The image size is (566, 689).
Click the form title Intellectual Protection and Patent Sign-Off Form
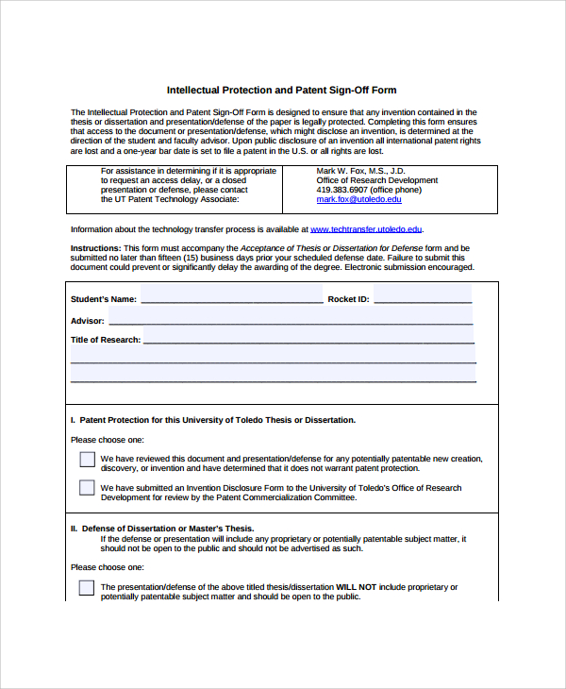pyautogui.click(x=282, y=91)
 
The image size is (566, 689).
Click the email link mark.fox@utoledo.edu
pyautogui.click(x=358, y=199)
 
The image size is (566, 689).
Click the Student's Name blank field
pyautogui.click(x=231, y=299)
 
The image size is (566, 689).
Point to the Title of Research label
pyautogui.click(x=106, y=340)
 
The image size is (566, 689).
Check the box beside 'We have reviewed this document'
pyautogui.click(x=87, y=460)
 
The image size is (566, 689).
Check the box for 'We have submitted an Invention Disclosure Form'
pyautogui.click(x=87, y=488)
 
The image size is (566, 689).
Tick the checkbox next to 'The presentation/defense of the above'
pyautogui.click(x=87, y=587)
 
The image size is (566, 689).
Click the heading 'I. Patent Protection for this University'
pyautogui.click(x=213, y=420)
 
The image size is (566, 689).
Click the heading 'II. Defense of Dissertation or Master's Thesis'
pyautogui.click(x=162, y=529)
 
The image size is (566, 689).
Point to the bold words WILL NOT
pyautogui.click(x=356, y=587)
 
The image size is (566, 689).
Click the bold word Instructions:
pyautogui.click(x=95, y=248)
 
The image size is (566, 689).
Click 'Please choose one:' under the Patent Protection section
pyautogui.click(x=107, y=440)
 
